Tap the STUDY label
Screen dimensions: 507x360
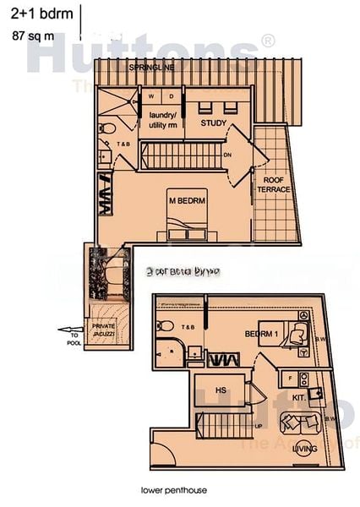(214, 123)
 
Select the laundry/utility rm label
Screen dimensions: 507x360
(163, 120)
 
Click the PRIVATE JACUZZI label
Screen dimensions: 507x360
(104, 330)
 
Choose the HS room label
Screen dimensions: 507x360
(221, 391)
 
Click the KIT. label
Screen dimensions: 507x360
(298, 396)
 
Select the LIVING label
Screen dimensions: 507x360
(304, 449)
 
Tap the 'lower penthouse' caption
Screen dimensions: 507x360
(174, 489)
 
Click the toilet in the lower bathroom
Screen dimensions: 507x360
(166, 326)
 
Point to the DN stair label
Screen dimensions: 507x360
(227, 155)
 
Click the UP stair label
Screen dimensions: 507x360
(258, 426)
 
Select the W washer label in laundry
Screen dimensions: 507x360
(153, 95)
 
